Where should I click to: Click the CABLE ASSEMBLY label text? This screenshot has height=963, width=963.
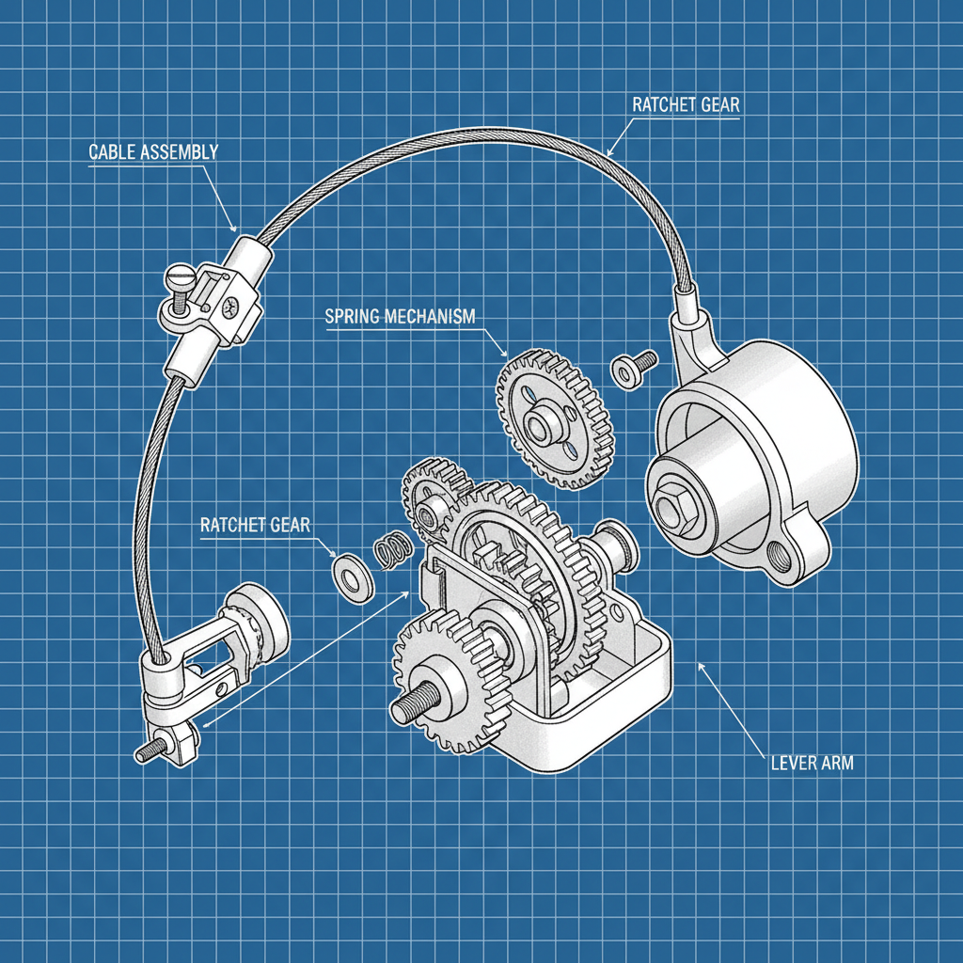[x=153, y=151]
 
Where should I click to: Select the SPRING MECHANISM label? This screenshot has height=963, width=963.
[x=400, y=316]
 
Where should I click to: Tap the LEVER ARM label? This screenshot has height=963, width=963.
[x=812, y=763]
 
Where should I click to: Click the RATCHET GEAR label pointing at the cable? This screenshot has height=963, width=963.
[x=686, y=104]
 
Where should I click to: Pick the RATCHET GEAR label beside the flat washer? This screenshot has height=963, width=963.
[x=255, y=525]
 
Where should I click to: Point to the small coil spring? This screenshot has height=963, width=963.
[x=391, y=551]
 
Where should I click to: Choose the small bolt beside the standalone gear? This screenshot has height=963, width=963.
[x=634, y=367]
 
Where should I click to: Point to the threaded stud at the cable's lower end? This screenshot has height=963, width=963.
[x=151, y=752]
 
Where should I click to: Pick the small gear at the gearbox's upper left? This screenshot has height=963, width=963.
[x=432, y=494]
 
